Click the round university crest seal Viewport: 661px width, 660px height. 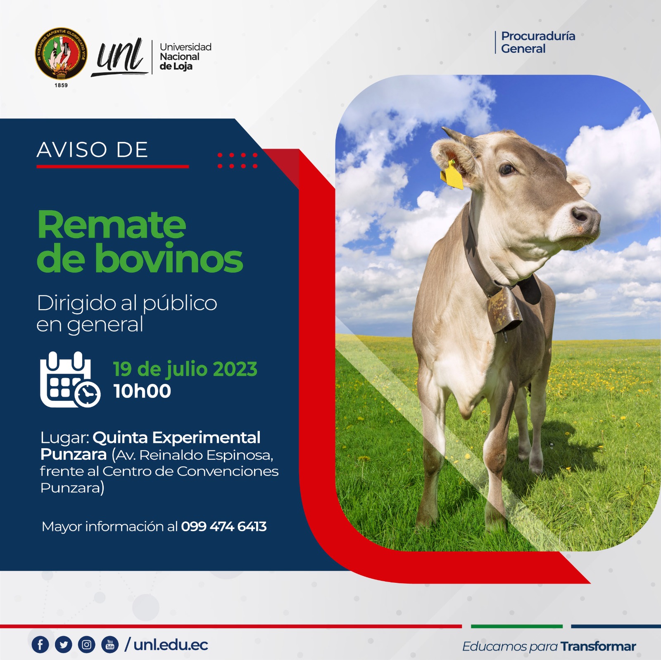[61, 54]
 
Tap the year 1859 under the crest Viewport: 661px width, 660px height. [61, 85]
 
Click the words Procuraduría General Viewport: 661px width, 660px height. [537, 42]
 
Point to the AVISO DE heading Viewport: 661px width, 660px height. [93, 149]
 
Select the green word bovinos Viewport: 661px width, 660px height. [169, 259]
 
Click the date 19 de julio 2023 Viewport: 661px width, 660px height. [185, 369]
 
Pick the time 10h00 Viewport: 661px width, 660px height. [142, 391]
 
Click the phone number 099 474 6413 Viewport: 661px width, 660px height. [224, 527]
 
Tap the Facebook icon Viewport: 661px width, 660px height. [40, 645]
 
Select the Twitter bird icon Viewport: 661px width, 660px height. [63, 645]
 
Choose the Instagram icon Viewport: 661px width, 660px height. [87, 645]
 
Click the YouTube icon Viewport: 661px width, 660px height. [110, 645]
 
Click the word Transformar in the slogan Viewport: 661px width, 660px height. [598, 646]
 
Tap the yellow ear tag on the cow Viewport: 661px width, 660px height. [452, 175]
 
